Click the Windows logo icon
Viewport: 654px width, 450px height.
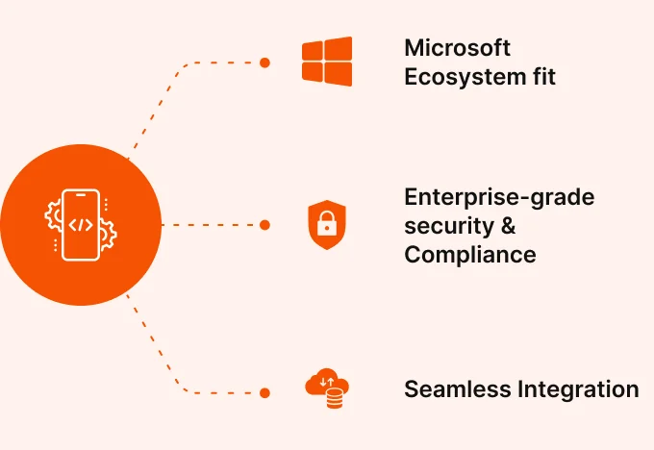[327, 62]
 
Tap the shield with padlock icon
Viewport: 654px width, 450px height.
[327, 225]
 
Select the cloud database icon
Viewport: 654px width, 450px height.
[327, 388]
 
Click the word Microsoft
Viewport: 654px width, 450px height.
[457, 47]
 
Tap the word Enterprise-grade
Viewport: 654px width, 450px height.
[499, 197]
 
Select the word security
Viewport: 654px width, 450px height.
[449, 227]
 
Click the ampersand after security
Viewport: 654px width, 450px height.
[508, 226]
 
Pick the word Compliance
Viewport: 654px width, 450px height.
[470, 255]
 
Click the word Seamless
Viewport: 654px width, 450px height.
[458, 389]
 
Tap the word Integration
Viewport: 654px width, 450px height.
[578, 390]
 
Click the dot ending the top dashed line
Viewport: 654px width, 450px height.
[264, 62]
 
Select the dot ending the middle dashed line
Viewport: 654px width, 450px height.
[264, 225]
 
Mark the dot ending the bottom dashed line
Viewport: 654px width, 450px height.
[264, 393]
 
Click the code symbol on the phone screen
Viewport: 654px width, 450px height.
[81, 225]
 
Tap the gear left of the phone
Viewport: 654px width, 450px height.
[53, 215]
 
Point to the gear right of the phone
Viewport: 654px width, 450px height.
[108, 235]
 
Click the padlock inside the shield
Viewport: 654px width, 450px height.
[327, 223]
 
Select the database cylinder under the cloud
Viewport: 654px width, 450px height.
[335, 398]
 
